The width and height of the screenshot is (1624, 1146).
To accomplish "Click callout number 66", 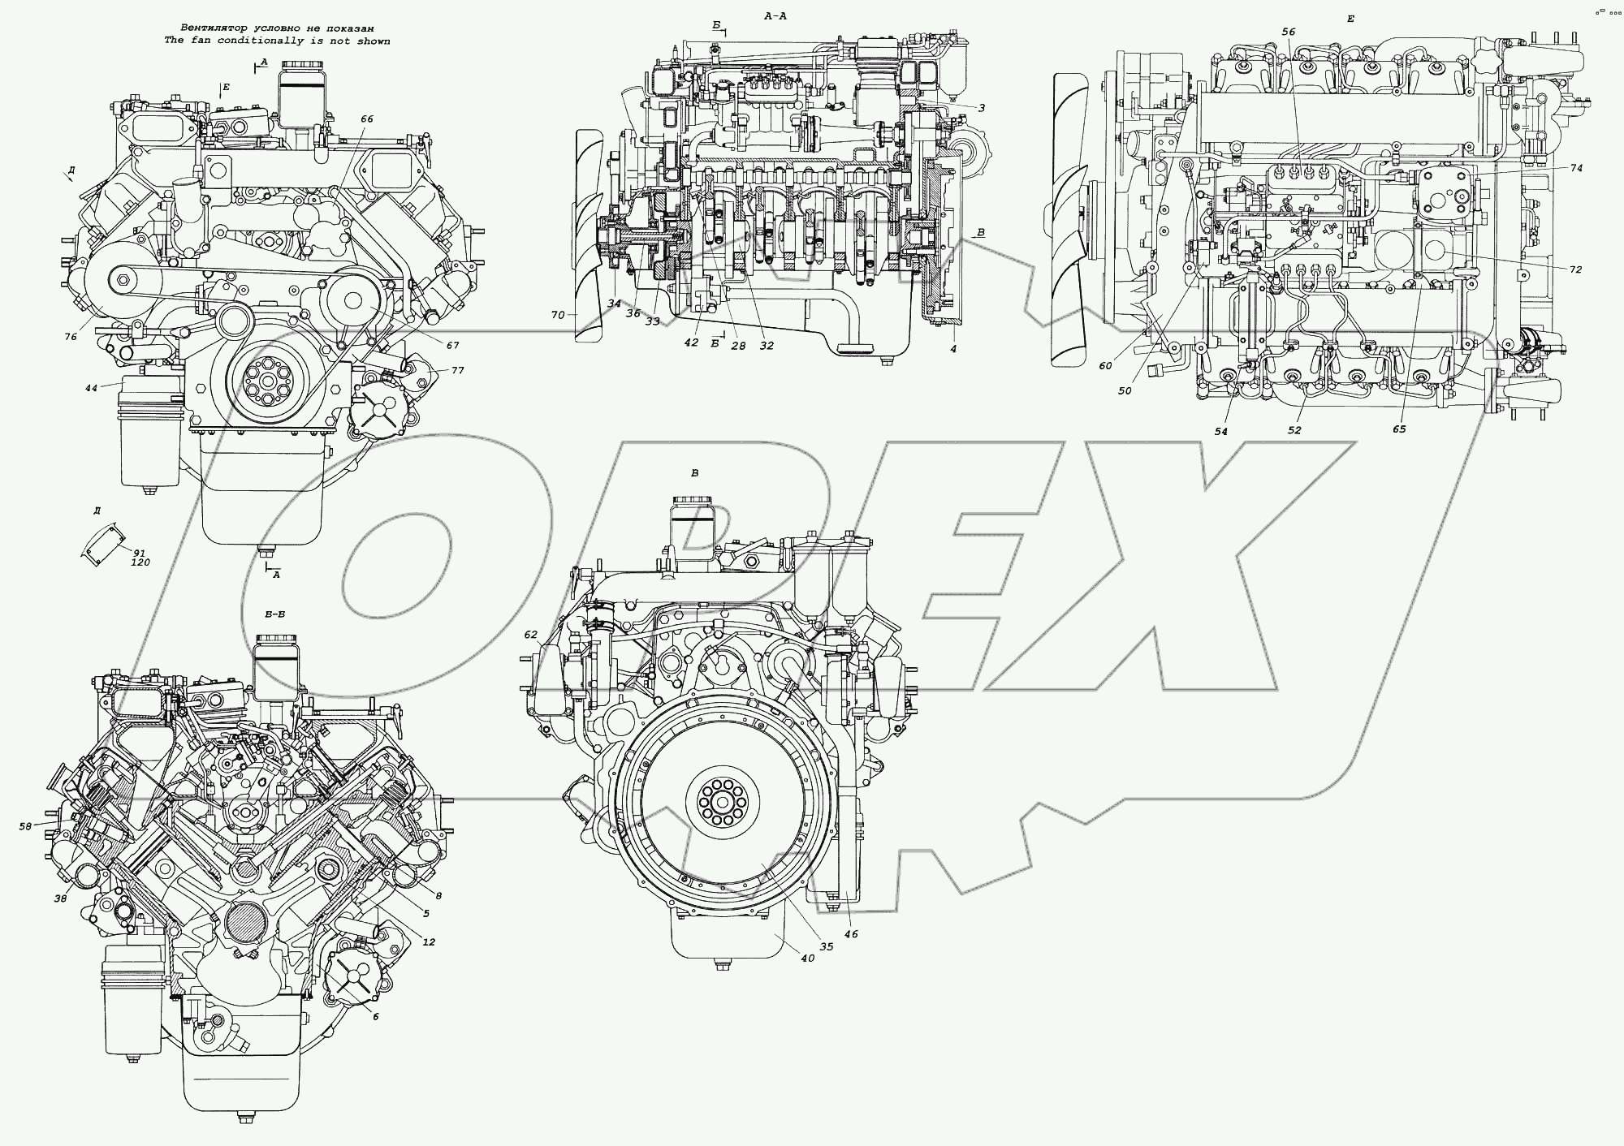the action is (x=367, y=119).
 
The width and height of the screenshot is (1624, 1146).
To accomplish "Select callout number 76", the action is (x=71, y=337).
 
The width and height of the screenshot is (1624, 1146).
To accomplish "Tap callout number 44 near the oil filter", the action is (x=91, y=389).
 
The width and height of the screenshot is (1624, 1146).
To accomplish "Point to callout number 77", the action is (x=458, y=370).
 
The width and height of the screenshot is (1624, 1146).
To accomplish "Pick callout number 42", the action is (x=691, y=343).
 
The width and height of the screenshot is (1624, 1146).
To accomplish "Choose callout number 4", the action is (x=953, y=349).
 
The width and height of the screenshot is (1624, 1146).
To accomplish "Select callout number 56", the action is (x=1289, y=32).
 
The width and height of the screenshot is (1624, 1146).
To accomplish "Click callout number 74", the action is (x=1576, y=169).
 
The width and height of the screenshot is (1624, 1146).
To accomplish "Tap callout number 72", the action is (x=1575, y=269).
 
